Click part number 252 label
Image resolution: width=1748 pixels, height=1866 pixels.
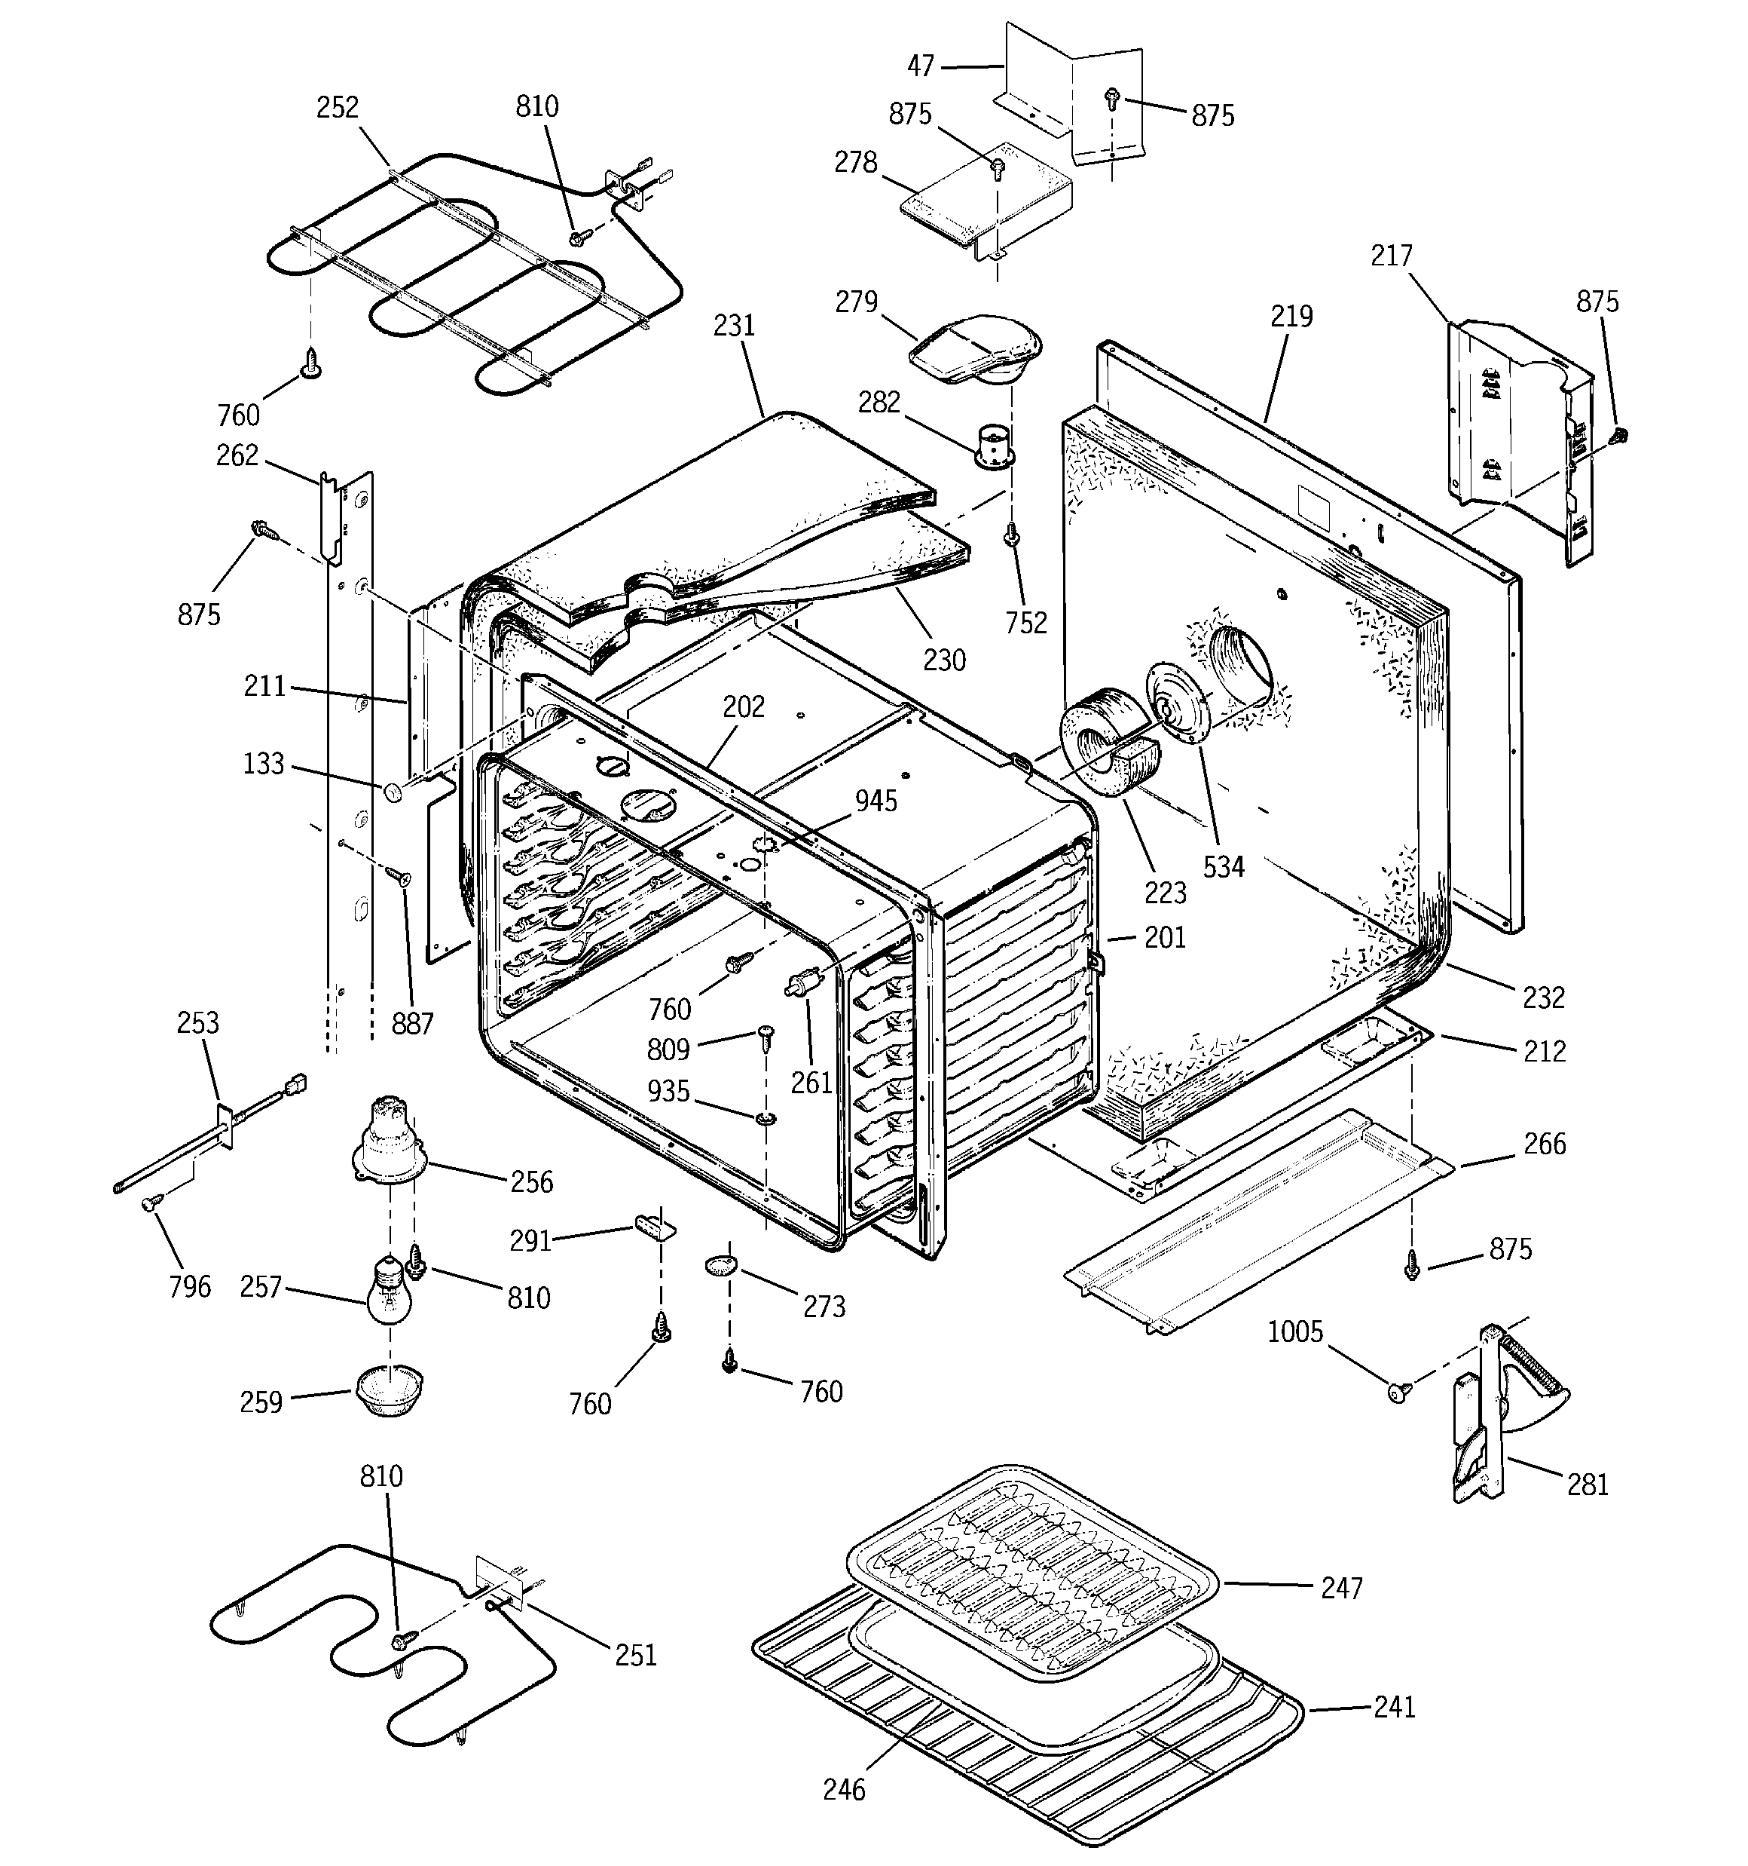337,108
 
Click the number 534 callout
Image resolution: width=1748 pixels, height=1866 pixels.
1224,866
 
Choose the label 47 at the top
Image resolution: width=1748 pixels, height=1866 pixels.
921,66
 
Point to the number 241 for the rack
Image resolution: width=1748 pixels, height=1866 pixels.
1395,1705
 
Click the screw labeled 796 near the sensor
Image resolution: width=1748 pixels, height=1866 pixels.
150,1204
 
